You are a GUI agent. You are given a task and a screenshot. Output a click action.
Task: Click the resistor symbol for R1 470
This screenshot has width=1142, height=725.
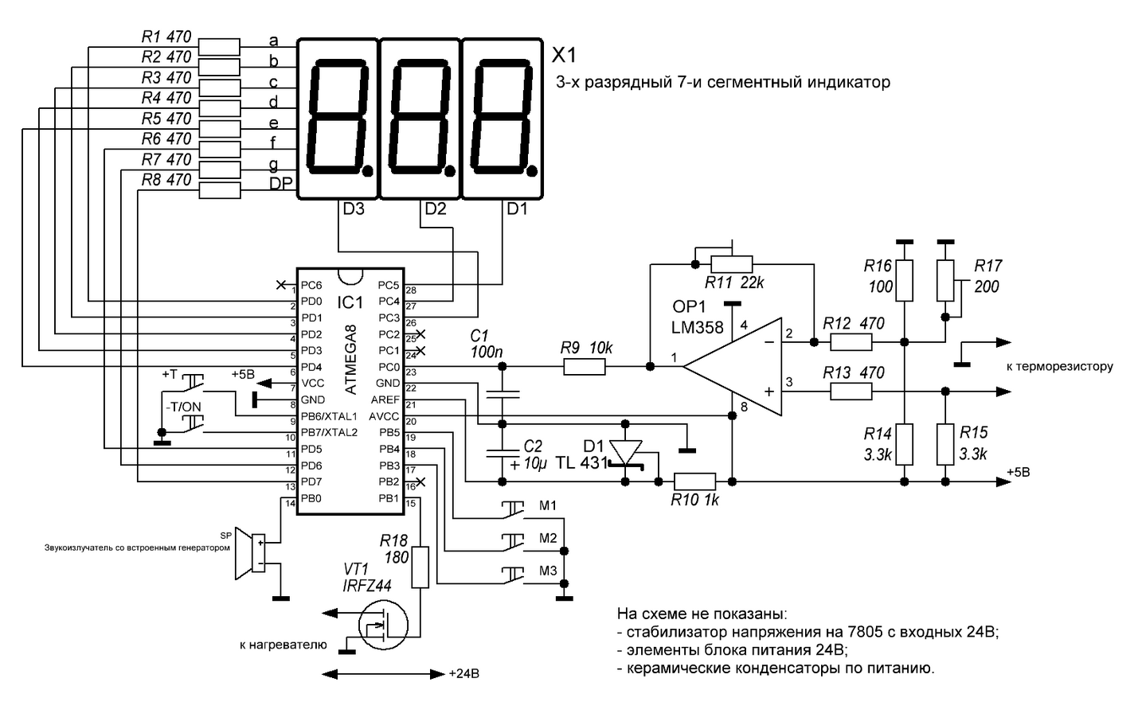[x=219, y=47]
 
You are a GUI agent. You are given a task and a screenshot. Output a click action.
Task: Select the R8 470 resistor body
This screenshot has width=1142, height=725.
[x=219, y=190]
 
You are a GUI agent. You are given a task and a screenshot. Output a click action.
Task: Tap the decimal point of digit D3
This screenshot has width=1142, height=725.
[x=368, y=172]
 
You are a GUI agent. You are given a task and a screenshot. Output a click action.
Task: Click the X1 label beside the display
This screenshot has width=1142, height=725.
[x=564, y=55]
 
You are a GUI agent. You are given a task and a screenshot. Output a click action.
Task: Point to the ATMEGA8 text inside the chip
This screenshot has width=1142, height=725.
[x=350, y=359]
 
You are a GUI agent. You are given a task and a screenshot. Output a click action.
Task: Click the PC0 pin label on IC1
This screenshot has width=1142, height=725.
[x=389, y=367]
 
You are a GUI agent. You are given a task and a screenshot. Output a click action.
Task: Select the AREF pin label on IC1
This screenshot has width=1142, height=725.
[x=385, y=400]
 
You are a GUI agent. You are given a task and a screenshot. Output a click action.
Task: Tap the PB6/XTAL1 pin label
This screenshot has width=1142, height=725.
[x=329, y=416]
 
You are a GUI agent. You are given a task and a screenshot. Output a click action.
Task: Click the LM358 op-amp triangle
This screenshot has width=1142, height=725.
[x=733, y=367]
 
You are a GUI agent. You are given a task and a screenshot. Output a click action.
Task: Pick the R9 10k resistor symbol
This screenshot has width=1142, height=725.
[x=585, y=367]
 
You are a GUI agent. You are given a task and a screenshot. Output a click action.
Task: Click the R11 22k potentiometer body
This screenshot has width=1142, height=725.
[x=732, y=264]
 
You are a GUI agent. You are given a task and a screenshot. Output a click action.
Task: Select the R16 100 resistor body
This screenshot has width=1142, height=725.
[x=905, y=281]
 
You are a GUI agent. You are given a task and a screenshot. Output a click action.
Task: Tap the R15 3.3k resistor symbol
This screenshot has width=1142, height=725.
[x=945, y=444]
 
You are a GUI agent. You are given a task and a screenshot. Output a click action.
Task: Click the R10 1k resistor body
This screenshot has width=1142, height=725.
[x=694, y=481]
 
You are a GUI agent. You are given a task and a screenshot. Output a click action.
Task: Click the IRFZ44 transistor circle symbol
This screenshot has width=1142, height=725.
[x=383, y=626]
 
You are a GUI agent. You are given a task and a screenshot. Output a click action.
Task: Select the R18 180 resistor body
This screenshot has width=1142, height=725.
[x=420, y=567]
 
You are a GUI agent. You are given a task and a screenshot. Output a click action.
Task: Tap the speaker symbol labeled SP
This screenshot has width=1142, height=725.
[x=250, y=553]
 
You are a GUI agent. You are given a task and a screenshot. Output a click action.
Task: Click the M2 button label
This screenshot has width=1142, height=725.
[x=548, y=538]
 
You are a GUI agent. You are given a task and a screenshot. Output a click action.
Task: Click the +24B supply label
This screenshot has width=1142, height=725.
[x=464, y=674]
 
